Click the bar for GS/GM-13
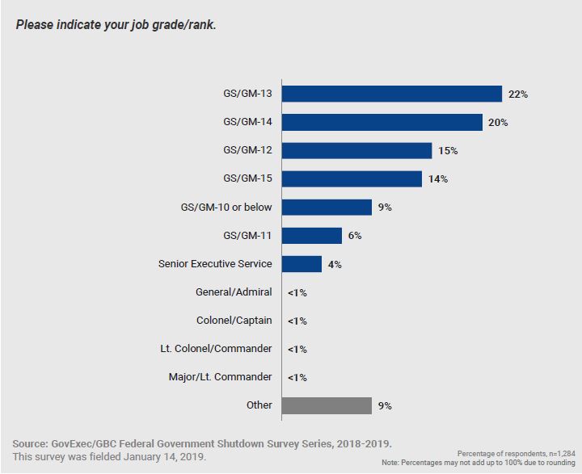[392, 94]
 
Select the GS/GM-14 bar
[383, 122]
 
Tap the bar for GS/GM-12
[356, 150]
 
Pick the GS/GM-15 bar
[352, 178]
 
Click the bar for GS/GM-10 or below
[327, 207]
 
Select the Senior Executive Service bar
[302, 263]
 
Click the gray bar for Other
[327, 405]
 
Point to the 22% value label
[518, 94]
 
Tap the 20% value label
[498, 123]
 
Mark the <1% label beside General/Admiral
[297, 292]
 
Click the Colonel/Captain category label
[234, 321]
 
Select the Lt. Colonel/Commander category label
[216, 349]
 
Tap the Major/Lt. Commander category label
[220, 377]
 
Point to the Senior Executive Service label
[215, 263]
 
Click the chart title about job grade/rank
[116, 24]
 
